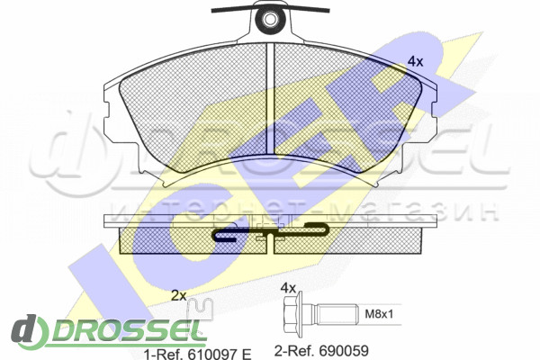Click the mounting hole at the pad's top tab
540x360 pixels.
pyautogui.click(x=270, y=19)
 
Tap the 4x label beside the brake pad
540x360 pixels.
pyautogui.click(x=415, y=62)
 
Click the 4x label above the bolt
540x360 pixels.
pyautogui.click(x=288, y=288)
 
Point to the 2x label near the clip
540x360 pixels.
pyautogui.click(x=179, y=295)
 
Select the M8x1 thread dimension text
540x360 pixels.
pyautogui.click(x=379, y=314)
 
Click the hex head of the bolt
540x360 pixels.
pyautogui.click(x=292, y=313)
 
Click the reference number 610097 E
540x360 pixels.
pyautogui.click(x=219, y=354)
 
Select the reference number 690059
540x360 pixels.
pyautogui.click(x=344, y=351)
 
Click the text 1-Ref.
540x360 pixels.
pyautogui.click(x=164, y=354)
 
